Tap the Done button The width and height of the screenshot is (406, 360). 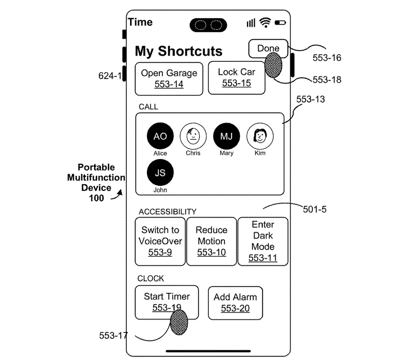click(268, 49)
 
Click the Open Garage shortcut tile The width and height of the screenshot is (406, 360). click(169, 79)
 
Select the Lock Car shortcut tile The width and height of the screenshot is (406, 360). click(236, 78)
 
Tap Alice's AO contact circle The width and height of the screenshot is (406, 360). click(160, 137)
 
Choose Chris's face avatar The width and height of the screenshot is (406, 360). click(193, 136)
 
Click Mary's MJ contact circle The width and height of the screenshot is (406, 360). click(226, 137)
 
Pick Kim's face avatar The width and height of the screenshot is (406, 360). click(260, 136)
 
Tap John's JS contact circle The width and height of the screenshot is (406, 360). click(160, 173)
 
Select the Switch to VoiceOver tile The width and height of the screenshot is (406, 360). click(160, 241)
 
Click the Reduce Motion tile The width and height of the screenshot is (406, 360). click(211, 241)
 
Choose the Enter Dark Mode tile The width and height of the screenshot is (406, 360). click(263, 241)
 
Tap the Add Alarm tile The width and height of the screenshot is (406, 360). click(235, 303)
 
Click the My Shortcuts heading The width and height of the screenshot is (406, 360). click(179, 51)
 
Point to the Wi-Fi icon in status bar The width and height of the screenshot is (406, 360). click(266, 23)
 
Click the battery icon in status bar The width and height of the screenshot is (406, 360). click(280, 23)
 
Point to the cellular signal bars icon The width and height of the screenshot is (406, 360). click(251, 23)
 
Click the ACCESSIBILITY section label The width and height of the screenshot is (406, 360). click(167, 212)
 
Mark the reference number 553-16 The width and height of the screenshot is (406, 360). click(326, 58)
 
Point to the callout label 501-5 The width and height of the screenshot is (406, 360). click(315, 210)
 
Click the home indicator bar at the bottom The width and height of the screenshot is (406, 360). click(208, 351)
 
